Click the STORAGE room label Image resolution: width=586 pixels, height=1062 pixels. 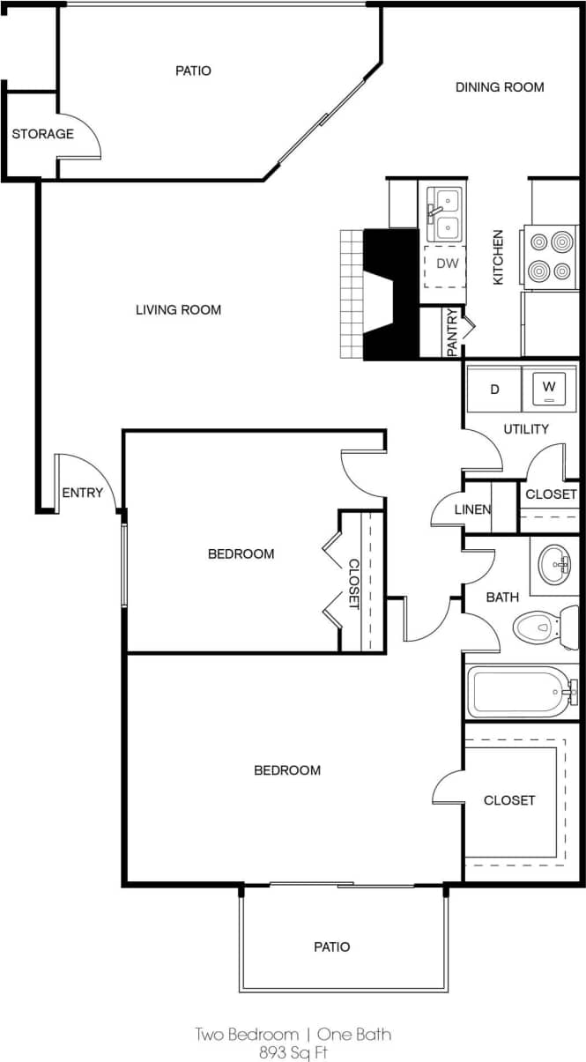click(x=42, y=134)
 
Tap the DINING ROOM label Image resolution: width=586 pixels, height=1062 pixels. click(x=499, y=87)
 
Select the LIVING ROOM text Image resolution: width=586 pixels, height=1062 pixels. click(x=178, y=309)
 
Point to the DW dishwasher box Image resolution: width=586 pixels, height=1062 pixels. click(x=447, y=264)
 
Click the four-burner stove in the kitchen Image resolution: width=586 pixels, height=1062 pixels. click(x=550, y=256)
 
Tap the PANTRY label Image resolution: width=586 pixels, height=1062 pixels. click(x=452, y=332)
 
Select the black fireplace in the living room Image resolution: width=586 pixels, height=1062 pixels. click(x=389, y=293)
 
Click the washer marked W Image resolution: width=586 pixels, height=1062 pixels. click(x=550, y=387)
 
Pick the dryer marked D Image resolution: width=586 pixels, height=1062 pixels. click(x=494, y=389)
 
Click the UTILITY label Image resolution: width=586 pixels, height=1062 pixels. click(x=526, y=429)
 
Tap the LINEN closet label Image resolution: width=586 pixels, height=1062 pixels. click(x=472, y=510)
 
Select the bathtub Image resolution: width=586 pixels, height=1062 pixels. click(x=520, y=691)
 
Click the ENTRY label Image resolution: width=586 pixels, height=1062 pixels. click(x=82, y=494)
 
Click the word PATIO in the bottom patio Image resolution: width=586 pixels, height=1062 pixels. click(x=331, y=947)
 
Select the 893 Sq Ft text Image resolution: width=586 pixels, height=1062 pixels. click(x=293, y=1051)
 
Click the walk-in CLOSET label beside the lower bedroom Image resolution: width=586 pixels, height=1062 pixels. click(x=509, y=800)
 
